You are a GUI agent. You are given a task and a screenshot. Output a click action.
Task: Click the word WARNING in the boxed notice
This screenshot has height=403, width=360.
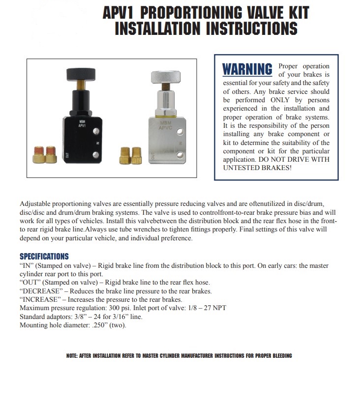pyautogui.click(x=247, y=69)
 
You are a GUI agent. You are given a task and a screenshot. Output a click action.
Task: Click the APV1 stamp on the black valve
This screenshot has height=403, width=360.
pyautogui.click(x=82, y=125)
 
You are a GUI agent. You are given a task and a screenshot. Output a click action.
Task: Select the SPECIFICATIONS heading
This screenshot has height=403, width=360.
pyautogui.click(x=44, y=257)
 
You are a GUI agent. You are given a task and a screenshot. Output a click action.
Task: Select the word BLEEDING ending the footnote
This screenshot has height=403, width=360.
pyautogui.click(x=280, y=356)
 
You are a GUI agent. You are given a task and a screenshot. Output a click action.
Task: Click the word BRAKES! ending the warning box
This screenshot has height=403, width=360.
pyautogui.click(x=276, y=168)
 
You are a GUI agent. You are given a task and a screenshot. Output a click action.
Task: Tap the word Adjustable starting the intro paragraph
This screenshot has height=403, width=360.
pyautogui.click(x=37, y=203)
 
